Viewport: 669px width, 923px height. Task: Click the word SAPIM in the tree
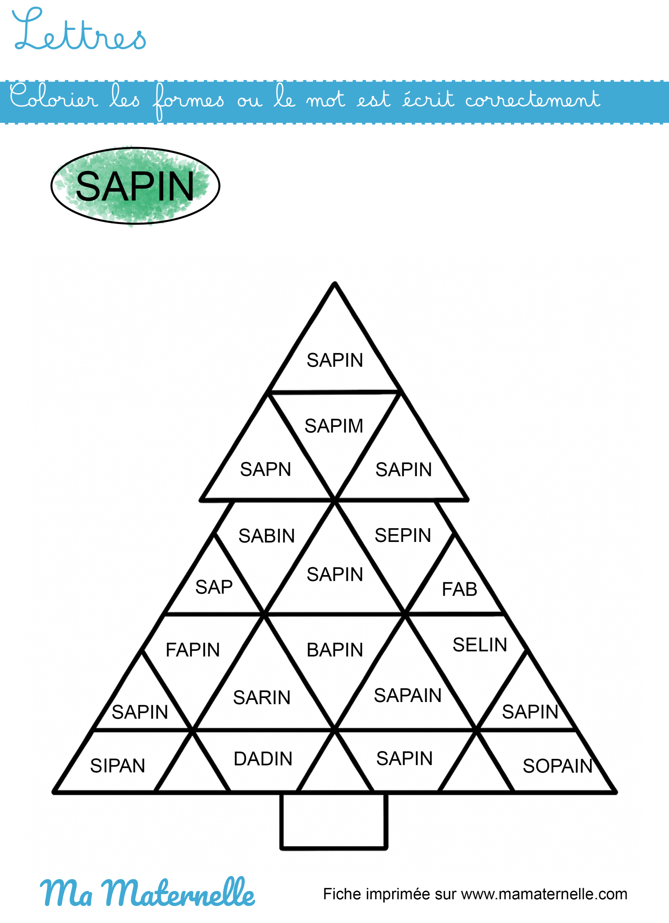333,426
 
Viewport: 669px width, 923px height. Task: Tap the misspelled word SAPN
266,469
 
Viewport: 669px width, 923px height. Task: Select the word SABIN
266,535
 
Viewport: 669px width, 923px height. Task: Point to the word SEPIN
402,535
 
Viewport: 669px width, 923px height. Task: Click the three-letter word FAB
459,589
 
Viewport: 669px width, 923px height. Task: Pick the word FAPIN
193,649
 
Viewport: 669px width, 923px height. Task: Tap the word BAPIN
334,649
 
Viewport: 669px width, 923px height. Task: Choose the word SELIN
480,645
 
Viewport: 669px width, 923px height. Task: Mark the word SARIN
261,697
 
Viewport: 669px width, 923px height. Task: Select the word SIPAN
118,765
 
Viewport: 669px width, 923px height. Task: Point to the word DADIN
263,759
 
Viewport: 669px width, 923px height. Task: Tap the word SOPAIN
557,766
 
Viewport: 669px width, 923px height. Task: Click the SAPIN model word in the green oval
135,186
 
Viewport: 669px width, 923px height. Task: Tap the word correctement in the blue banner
532,99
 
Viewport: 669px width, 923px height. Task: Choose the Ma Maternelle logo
147,892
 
